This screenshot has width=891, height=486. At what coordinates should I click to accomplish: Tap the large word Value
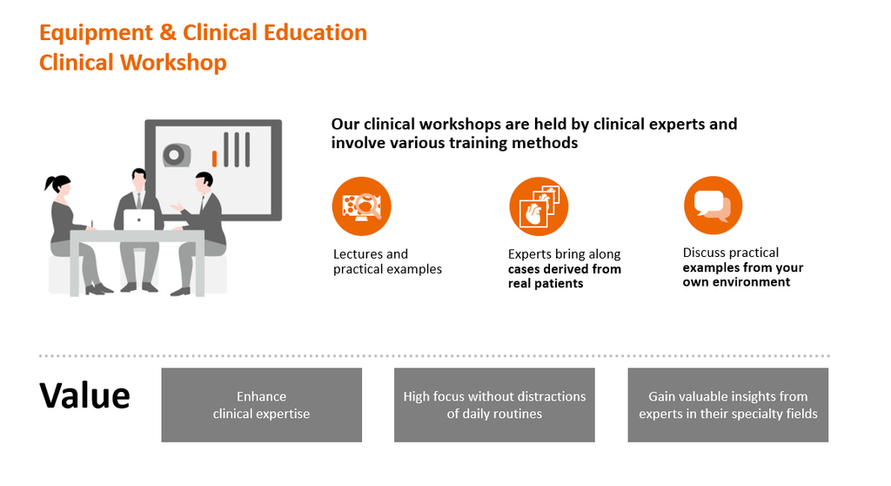point(84,395)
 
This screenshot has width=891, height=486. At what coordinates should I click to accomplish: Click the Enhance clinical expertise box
point(261,405)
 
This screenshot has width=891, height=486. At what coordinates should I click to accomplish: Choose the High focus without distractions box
point(494,405)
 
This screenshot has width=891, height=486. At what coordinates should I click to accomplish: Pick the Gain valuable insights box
point(727,405)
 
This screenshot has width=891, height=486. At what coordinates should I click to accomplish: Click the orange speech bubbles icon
point(713,206)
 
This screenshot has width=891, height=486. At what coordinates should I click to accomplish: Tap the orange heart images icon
point(538,206)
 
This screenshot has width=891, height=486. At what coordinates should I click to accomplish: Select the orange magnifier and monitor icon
point(362,206)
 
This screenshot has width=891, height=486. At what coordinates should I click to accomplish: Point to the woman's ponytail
point(50,184)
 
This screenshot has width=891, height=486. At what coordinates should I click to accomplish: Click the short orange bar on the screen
point(214,158)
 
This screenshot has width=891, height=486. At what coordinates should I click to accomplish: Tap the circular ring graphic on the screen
point(176,155)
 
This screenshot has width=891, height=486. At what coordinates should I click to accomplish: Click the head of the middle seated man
point(138,177)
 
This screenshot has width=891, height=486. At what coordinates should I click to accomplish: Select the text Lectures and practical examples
point(387,262)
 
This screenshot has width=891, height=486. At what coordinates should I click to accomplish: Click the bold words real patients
point(546,283)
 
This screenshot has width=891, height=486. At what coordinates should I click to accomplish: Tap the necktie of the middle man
point(138,199)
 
